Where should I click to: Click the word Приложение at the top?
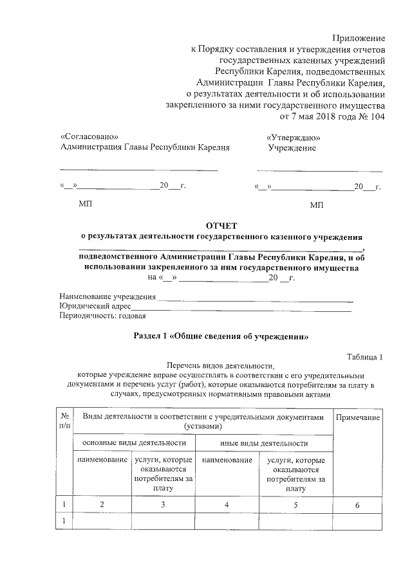click(359, 38)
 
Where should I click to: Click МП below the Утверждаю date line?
click(316, 205)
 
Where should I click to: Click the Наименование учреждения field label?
click(108, 296)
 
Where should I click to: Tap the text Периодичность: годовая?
click(102, 316)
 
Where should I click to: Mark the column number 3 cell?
click(163, 505)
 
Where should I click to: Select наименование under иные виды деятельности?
click(227, 461)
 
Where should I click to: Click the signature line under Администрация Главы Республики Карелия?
click(138, 170)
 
